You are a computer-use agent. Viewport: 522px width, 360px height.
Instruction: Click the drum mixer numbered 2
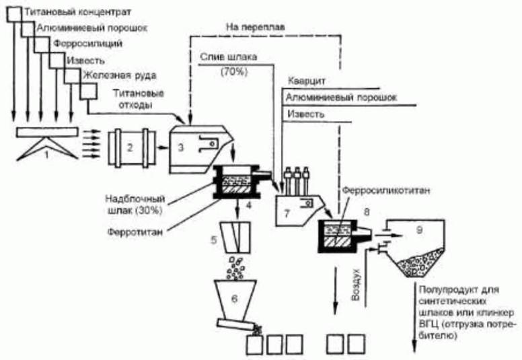pos(135,144)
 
